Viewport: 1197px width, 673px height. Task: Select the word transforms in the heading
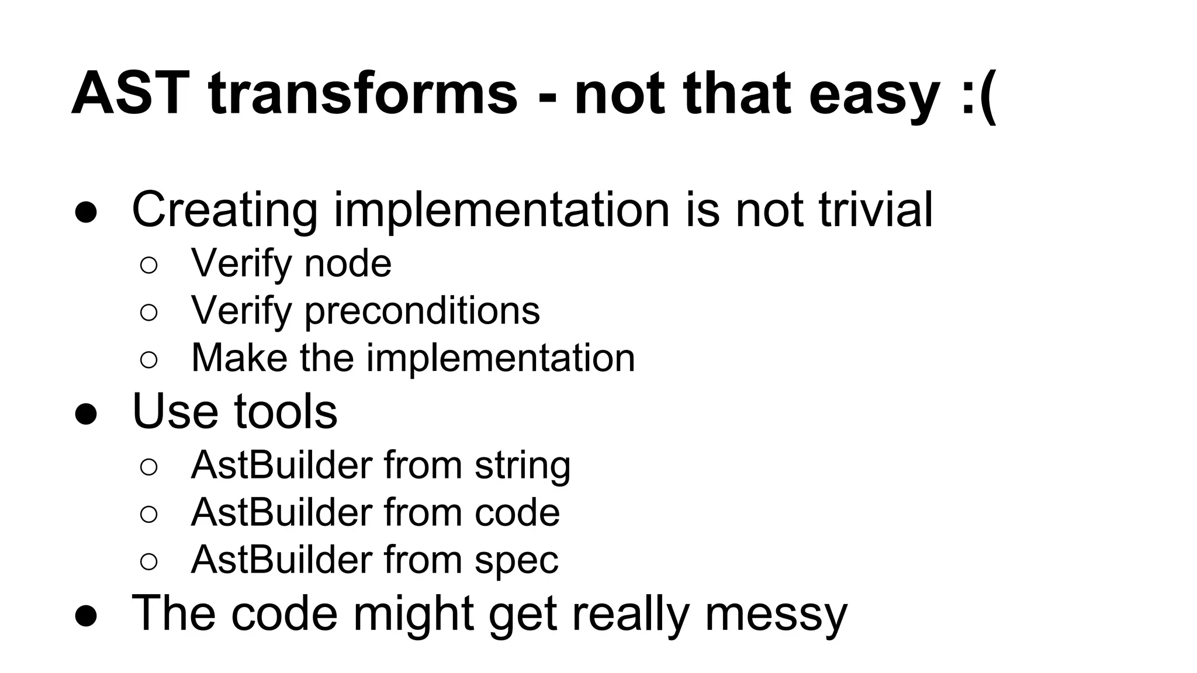[362, 93]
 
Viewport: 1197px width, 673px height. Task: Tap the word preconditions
[422, 311]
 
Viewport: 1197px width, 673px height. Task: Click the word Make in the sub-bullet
[239, 358]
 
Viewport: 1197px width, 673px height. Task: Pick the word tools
[286, 411]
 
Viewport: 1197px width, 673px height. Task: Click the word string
[522, 466]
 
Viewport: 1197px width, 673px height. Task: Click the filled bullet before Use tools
[85, 414]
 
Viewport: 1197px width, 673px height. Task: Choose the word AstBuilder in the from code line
[281, 512]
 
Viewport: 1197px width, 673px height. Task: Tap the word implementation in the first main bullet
[501, 210]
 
